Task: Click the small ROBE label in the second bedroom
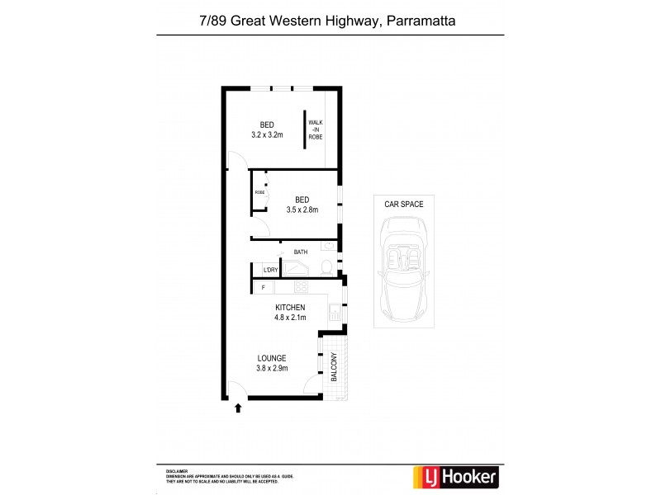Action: click(x=259, y=192)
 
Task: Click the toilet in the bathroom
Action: click(x=326, y=266)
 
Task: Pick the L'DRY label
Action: click(x=269, y=270)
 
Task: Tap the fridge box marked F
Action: click(x=264, y=287)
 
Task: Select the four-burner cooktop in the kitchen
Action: click(x=302, y=288)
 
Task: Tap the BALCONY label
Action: click(x=335, y=366)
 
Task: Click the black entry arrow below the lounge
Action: click(x=238, y=407)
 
